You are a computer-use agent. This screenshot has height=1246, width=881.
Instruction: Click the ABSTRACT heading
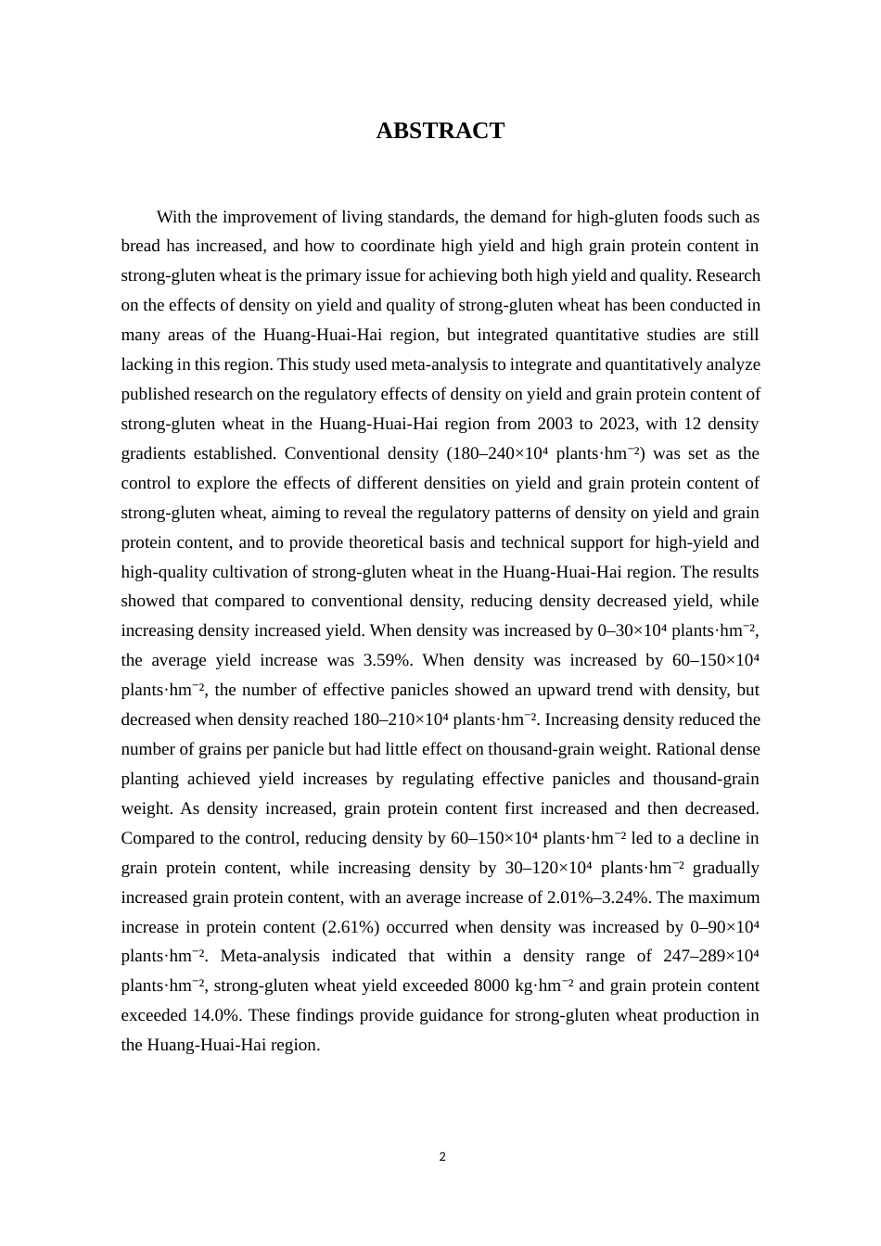coord(440,131)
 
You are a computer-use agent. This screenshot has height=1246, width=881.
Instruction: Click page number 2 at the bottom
coord(442,1157)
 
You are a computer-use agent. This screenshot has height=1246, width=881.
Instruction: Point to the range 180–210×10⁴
coord(401,719)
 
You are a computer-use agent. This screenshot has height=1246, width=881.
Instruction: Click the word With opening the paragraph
coord(173,217)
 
